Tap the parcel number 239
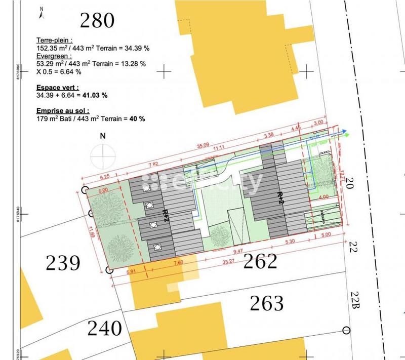click(x=63, y=264)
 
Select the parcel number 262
click(x=261, y=262)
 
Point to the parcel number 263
click(x=267, y=303)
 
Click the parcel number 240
click(x=105, y=328)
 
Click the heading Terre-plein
click(x=55, y=39)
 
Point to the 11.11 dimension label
click(x=219, y=147)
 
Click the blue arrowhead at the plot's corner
click(x=344, y=129)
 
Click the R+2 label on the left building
click(x=165, y=215)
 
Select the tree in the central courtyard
click(x=220, y=234)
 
